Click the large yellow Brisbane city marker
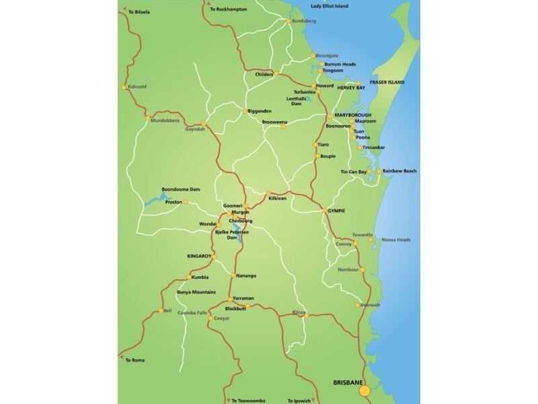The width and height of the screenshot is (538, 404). [364, 391]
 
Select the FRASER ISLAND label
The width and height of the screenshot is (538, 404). [387, 82]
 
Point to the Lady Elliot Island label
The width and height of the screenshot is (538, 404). [330, 5]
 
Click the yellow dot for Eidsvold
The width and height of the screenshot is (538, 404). [123, 87]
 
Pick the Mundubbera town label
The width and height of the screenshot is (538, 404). [165, 121]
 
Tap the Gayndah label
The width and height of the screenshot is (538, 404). [195, 129]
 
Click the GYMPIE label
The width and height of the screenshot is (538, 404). [336, 211]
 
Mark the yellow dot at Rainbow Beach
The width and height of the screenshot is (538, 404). [379, 172]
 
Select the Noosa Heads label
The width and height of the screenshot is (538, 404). [396, 240]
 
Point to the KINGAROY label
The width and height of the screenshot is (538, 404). [199, 256]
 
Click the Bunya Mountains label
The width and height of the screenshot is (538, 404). [196, 292]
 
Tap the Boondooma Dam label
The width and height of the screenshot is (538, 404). [181, 189]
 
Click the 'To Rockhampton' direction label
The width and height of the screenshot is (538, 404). [229, 9]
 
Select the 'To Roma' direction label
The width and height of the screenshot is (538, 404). [135, 361]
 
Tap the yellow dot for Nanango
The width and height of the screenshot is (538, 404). [233, 275]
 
